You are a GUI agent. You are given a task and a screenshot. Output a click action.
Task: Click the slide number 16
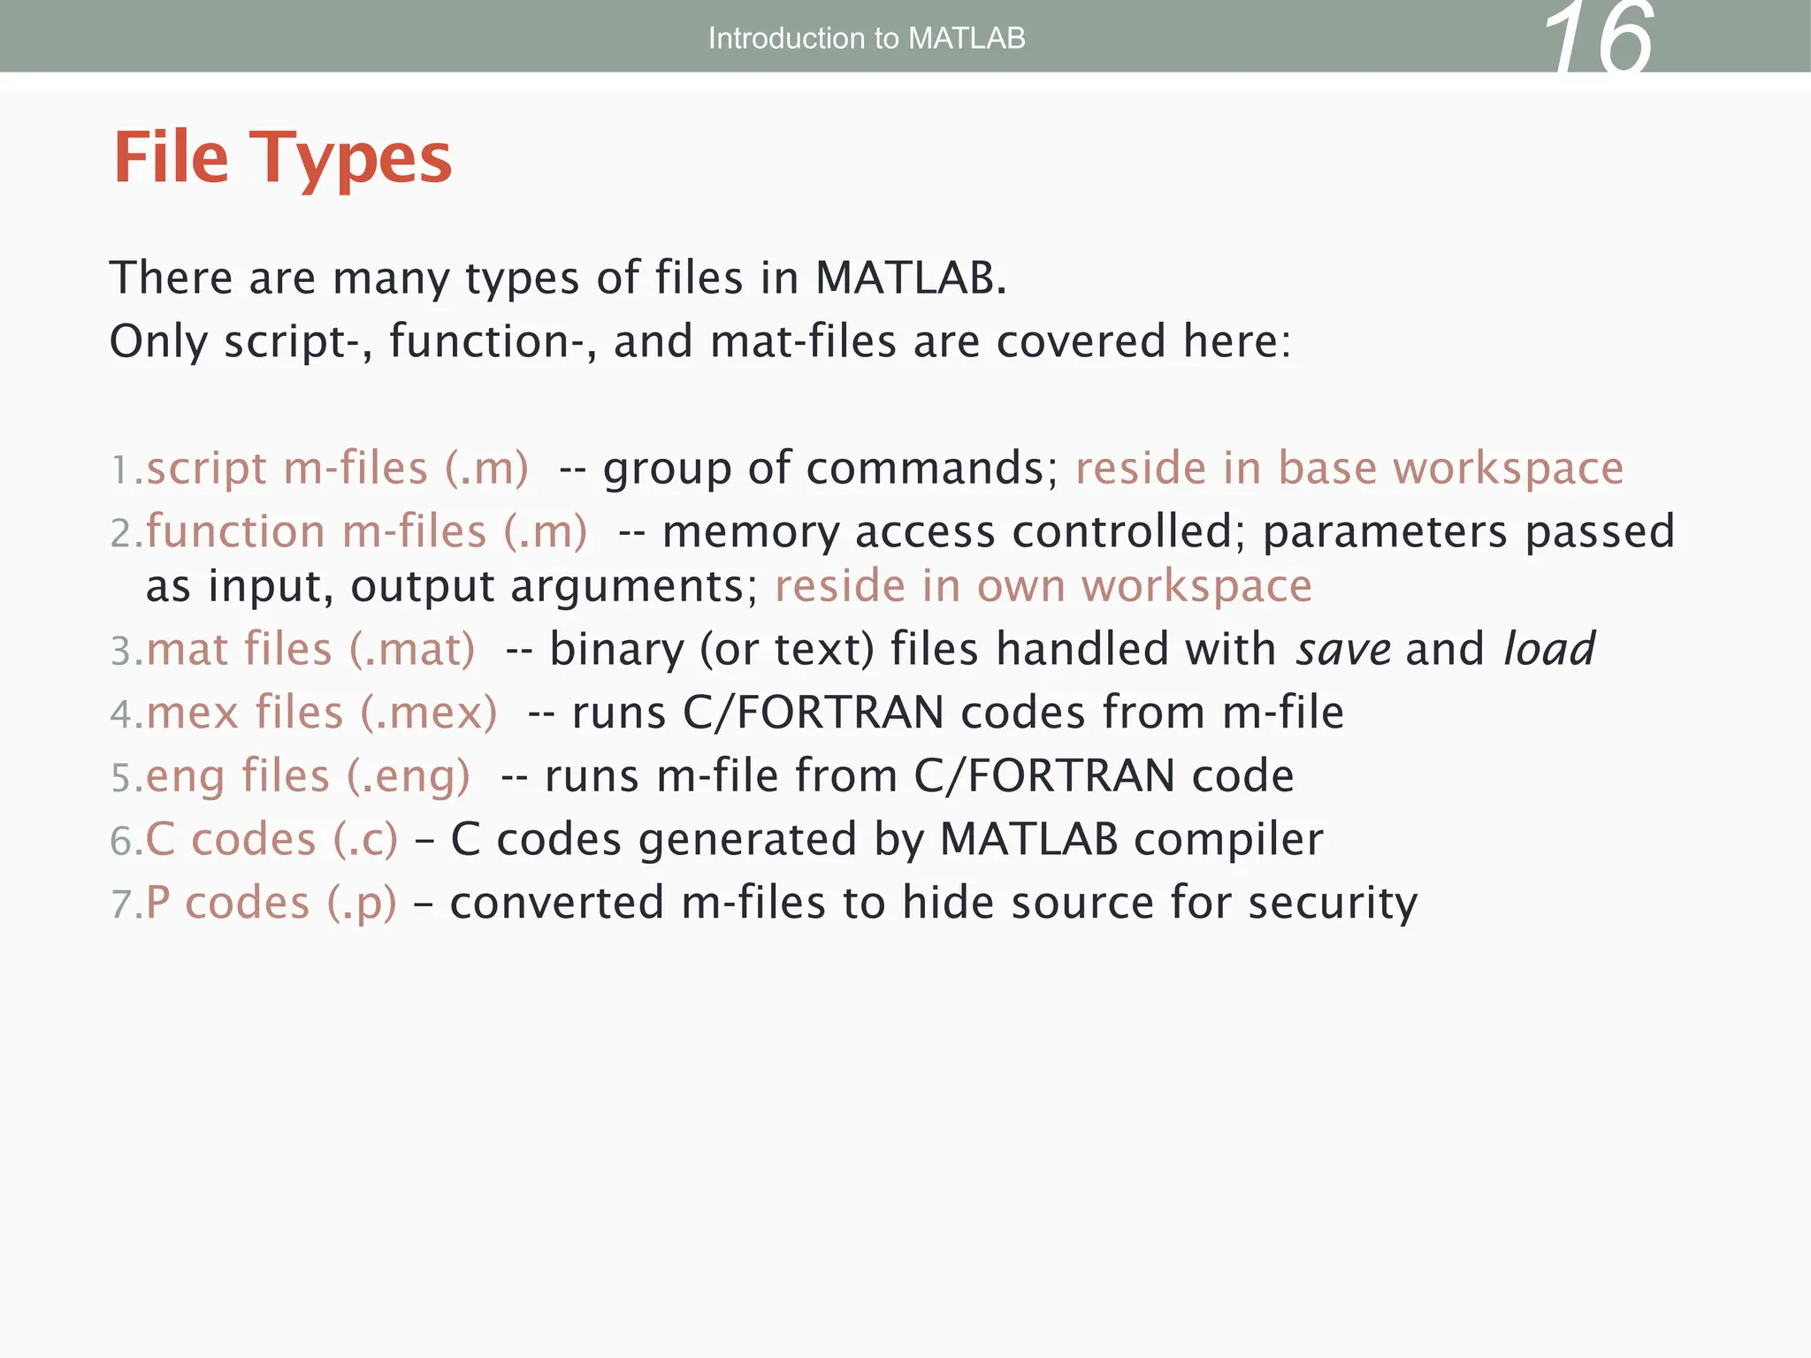pyautogui.click(x=1599, y=40)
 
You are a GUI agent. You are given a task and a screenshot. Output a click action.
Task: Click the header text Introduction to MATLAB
pyautogui.click(x=867, y=38)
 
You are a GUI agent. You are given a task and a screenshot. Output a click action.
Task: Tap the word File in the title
pyautogui.click(x=172, y=157)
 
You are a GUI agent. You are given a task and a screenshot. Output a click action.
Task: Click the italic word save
pyautogui.click(x=1343, y=650)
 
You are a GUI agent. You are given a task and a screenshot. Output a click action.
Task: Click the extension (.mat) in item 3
pyautogui.click(x=412, y=649)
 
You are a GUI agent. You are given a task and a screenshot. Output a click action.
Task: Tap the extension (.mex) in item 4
pyautogui.click(x=429, y=713)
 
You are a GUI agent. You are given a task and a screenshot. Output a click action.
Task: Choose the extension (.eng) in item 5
pyautogui.click(x=408, y=776)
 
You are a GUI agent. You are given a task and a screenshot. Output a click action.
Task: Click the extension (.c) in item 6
pyautogui.click(x=365, y=839)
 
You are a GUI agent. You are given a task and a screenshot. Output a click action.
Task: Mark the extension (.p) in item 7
pyautogui.click(x=362, y=904)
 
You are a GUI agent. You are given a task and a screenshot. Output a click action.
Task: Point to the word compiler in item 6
pyautogui.click(x=1228, y=841)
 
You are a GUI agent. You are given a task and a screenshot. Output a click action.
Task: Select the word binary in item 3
pyautogui.click(x=616, y=650)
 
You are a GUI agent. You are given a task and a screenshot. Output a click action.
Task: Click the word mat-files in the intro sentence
pyautogui.click(x=803, y=341)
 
